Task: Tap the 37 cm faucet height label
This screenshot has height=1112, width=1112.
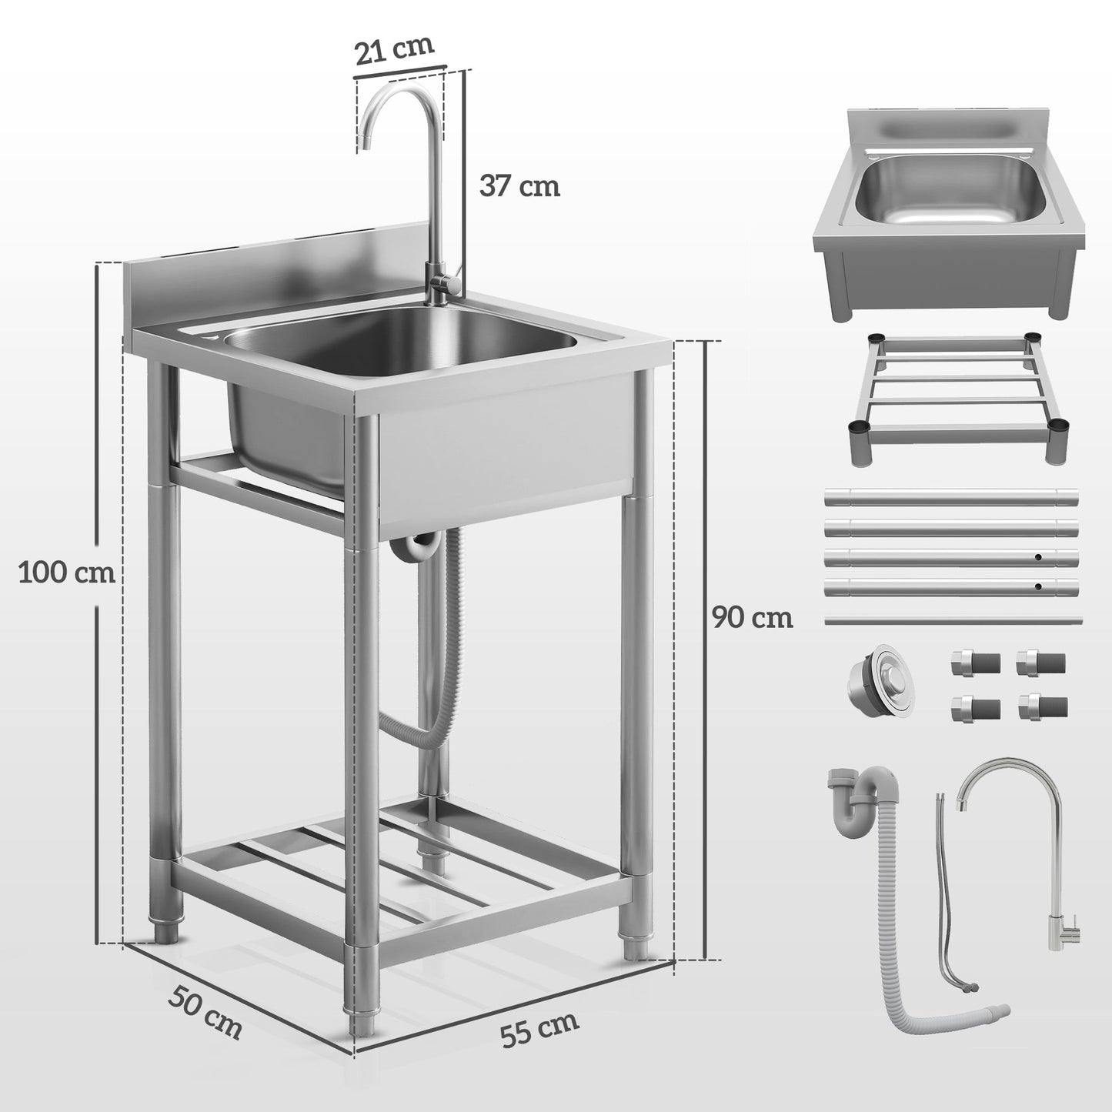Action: click(x=519, y=185)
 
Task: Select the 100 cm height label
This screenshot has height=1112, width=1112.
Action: click(x=67, y=573)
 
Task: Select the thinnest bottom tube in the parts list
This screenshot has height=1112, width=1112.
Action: click(x=953, y=619)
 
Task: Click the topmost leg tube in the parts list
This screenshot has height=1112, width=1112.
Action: click(x=953, y=496)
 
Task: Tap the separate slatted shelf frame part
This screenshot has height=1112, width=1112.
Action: click(x=952, y=400)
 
